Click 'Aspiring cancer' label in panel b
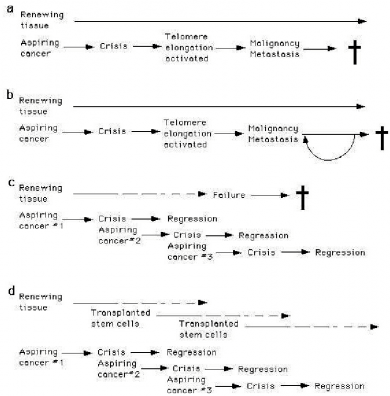point(30,132)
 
